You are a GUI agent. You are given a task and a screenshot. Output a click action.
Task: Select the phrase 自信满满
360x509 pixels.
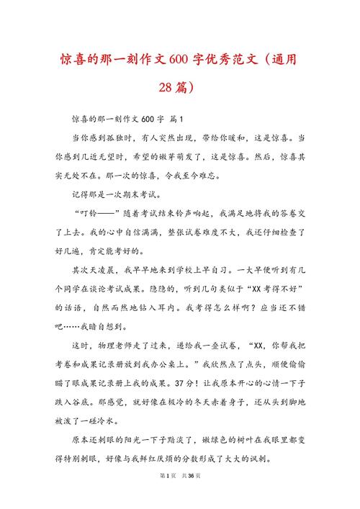tap(146, 232)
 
